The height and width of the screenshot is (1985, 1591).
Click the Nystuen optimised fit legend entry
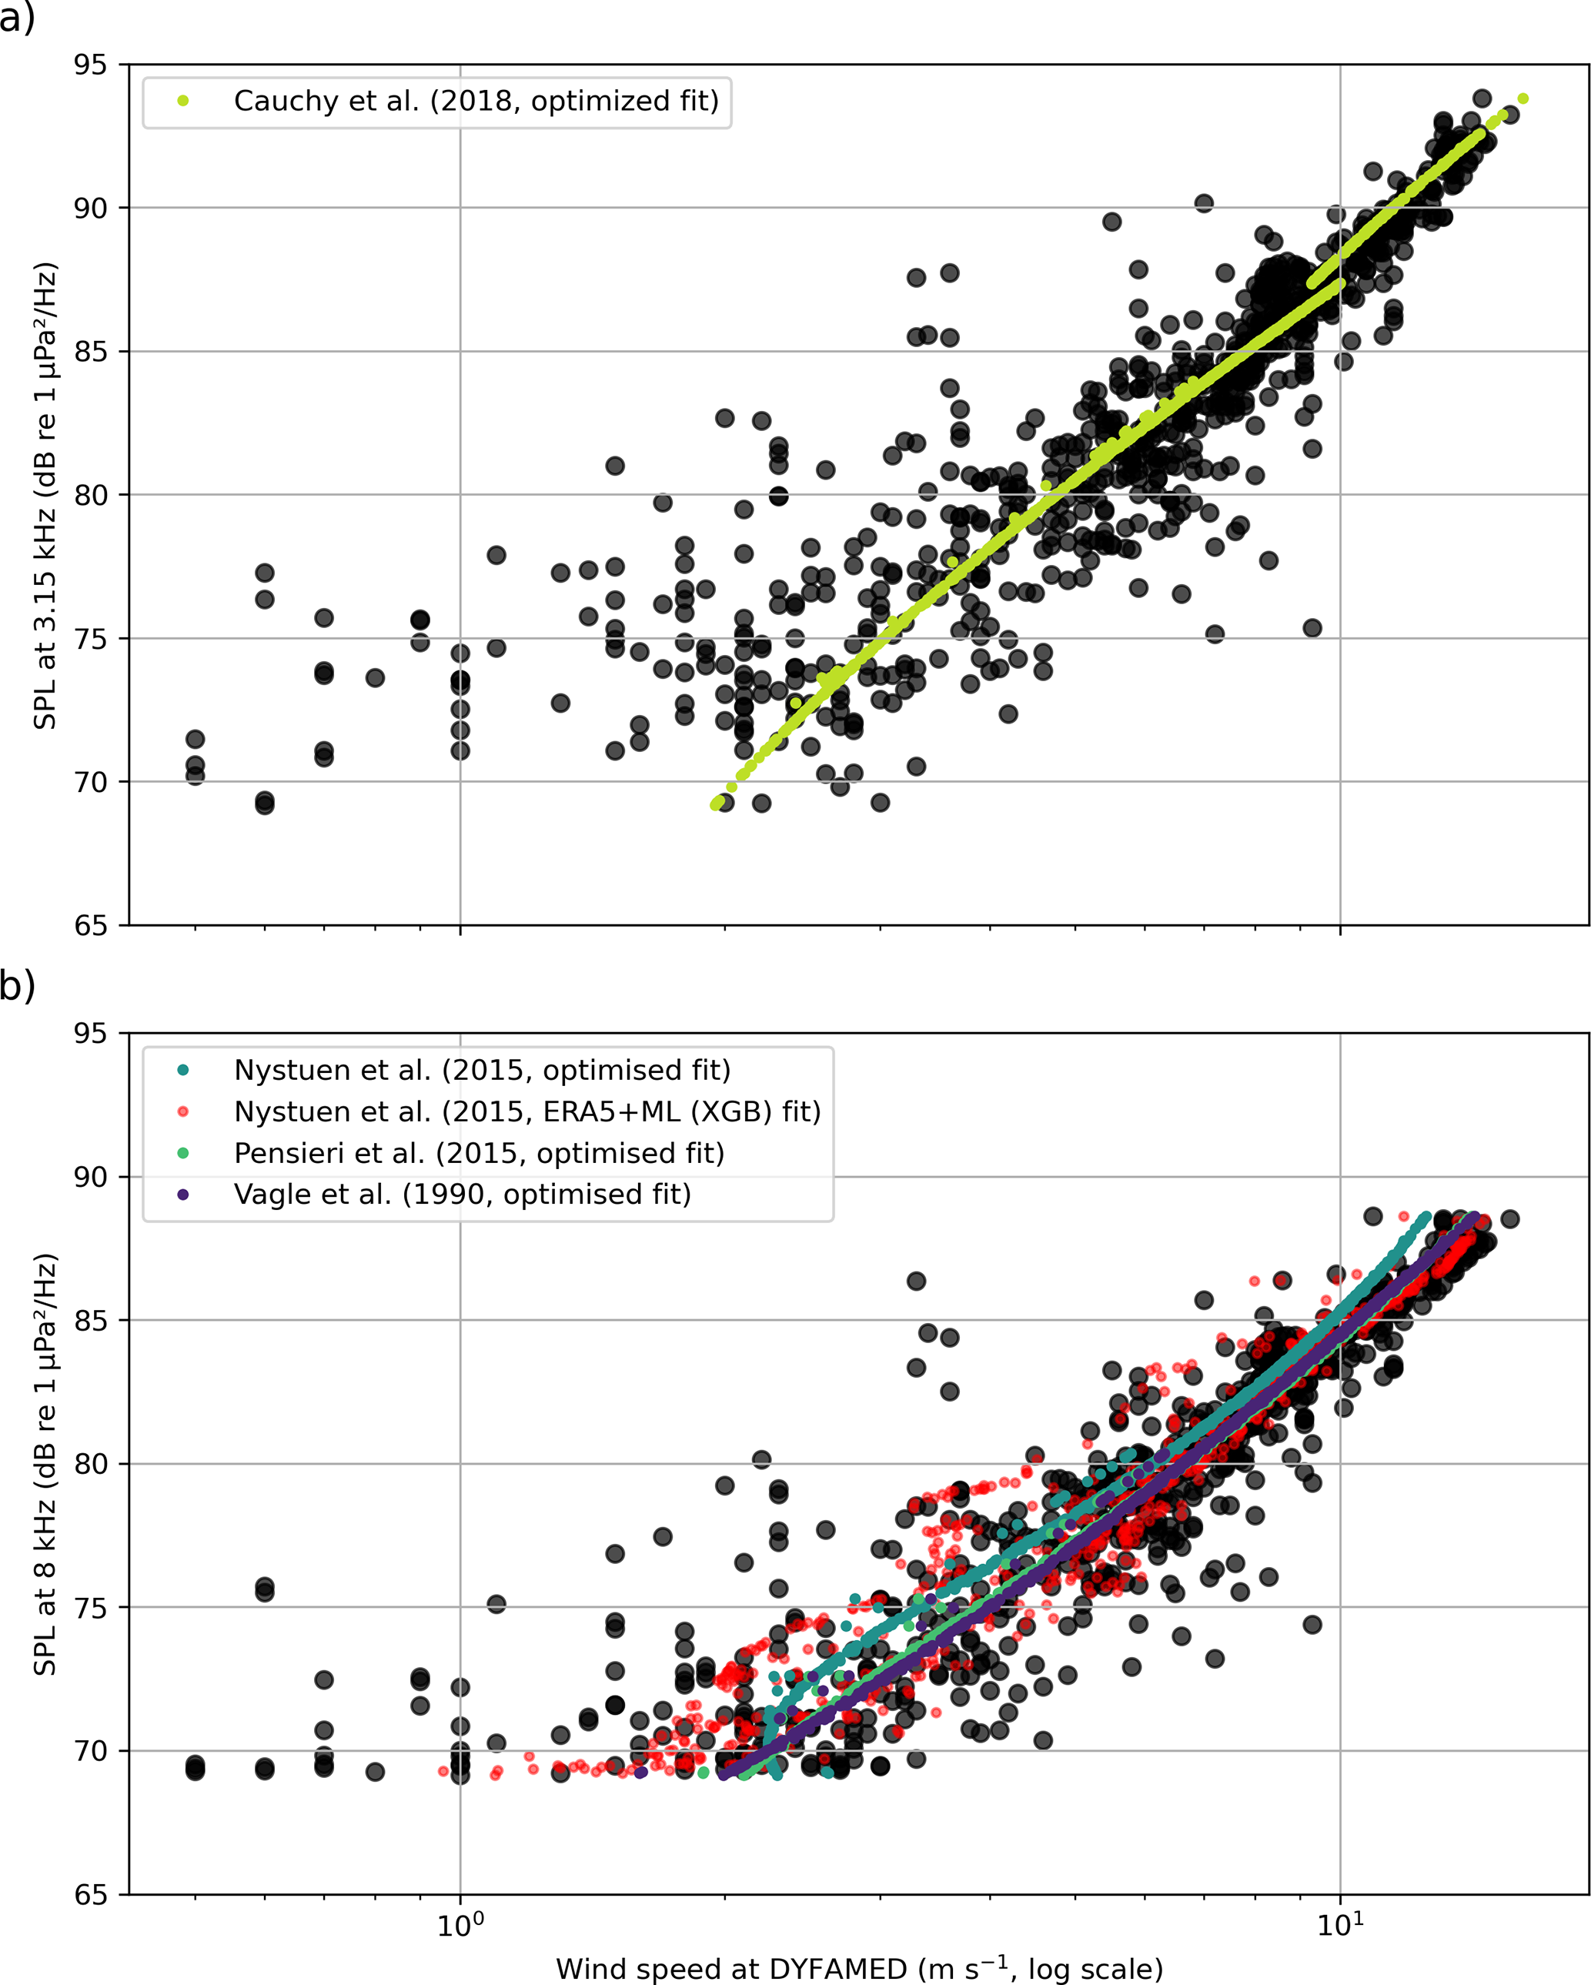(482, 1070)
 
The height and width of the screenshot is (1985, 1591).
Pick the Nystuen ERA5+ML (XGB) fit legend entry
(526, 1111)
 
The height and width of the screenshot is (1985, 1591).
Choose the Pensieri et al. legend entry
(479, 1153)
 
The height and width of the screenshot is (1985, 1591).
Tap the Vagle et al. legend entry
(462, 1194)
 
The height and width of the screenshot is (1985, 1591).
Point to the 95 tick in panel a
(90, 65)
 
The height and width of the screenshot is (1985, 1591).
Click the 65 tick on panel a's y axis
(90, 925)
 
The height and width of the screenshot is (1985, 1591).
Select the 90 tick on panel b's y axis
(90, 1178)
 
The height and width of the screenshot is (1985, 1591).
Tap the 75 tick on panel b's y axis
(90, 1608)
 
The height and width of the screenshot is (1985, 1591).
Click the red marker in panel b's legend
(183, 1111)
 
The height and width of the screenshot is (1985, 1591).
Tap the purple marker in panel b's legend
(183, 1194)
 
